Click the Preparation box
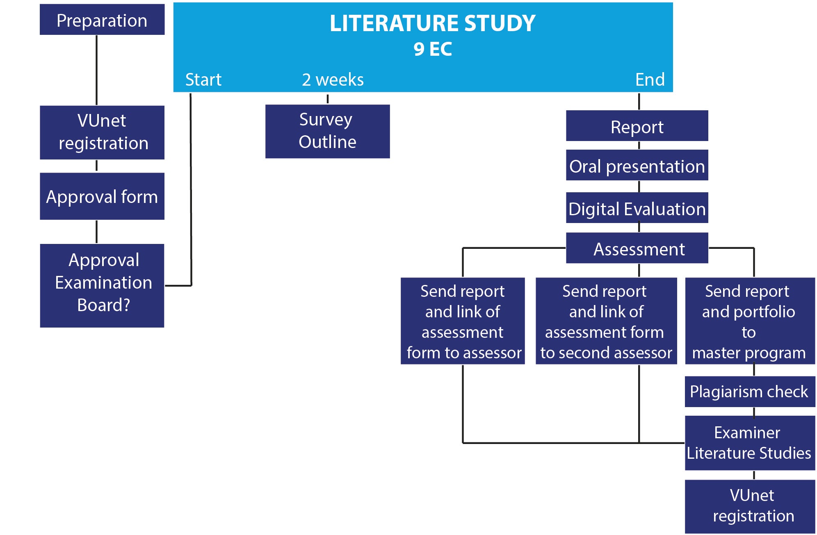102,20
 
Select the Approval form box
102,196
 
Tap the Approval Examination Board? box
102,285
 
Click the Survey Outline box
327,131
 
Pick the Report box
637,126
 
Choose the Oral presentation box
637,165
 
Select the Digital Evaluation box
637,208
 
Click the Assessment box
637,248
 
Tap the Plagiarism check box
749,392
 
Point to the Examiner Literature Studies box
749,443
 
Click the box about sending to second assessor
606,321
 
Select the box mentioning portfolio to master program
749,321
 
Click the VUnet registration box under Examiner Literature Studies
749,506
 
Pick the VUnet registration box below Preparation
102,132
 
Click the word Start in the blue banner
203,80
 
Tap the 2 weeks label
333,80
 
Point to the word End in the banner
650,80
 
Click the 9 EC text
432,49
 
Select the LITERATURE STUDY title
432,23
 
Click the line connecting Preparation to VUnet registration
97,70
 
